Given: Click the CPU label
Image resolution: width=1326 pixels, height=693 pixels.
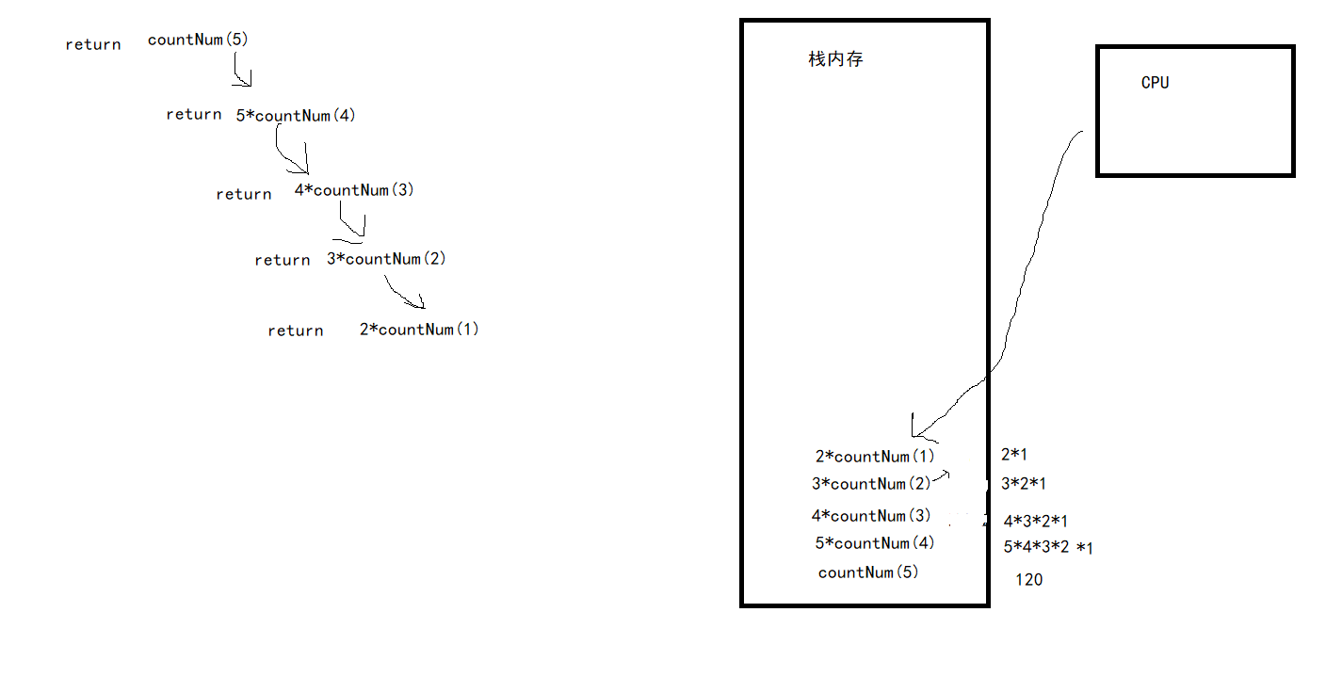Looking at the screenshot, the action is (x=1155, y=83).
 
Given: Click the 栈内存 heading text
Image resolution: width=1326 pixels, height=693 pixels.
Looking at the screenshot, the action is (x=835, y=59).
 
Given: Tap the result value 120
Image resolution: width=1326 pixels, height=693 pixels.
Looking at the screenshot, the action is (x=1028, y=580).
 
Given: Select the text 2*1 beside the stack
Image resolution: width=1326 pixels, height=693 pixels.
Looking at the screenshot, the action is (x=1013, y=455).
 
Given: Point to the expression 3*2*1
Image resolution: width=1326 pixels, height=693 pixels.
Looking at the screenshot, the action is (x=1024, y=484).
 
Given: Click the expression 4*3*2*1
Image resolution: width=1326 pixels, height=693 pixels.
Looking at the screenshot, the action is (x=1035, y=521).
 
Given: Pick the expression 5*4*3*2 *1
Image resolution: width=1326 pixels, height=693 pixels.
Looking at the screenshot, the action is (x=1047, y=547).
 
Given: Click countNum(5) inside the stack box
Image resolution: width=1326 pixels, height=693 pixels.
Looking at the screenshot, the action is (x=867, y=572).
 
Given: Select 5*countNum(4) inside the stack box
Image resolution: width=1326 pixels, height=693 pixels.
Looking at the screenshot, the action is (x=875, y=543).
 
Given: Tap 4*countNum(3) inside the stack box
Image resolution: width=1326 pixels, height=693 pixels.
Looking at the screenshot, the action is (x=871, y=516).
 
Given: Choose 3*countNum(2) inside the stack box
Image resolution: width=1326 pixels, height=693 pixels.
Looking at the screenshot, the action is (x=871, y=484).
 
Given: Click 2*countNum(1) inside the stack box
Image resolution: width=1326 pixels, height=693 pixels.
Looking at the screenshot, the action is (x=875, y=457).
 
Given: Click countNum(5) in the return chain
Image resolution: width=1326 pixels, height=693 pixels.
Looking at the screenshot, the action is (x=198, y=40).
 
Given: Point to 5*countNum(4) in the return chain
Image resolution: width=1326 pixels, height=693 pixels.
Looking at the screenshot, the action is (x=296, y=116).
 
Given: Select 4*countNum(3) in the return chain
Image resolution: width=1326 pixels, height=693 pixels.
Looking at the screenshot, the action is (x=354, y=190).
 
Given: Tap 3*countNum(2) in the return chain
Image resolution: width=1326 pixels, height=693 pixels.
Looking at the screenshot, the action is (x=386, y=259).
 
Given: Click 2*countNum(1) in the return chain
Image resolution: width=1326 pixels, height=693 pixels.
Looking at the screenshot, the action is (x=419, y=330).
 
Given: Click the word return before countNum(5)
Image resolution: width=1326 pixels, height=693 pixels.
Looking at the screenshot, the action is (x=93, y=44).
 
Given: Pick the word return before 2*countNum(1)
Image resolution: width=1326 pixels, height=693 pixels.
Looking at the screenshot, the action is (x=295, y=330).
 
